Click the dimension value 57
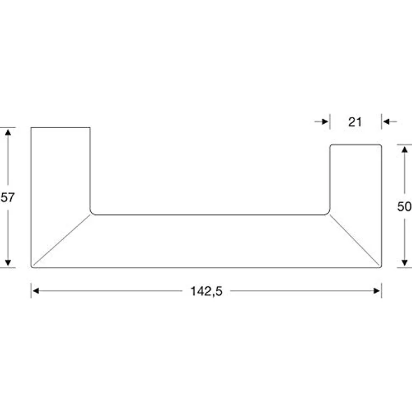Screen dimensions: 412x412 point(8,198)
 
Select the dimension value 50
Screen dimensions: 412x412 point(404,207)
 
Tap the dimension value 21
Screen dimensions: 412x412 point(355,122)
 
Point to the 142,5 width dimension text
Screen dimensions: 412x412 point(206,291)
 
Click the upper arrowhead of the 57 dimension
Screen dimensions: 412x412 point(8,132)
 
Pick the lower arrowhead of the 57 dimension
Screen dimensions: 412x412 point(8,263)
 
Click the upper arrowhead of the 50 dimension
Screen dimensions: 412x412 point(405,149)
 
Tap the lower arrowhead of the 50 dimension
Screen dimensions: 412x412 point(405,263)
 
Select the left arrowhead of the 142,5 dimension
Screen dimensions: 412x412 point(35,291)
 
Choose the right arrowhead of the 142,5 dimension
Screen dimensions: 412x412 point(377,291)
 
